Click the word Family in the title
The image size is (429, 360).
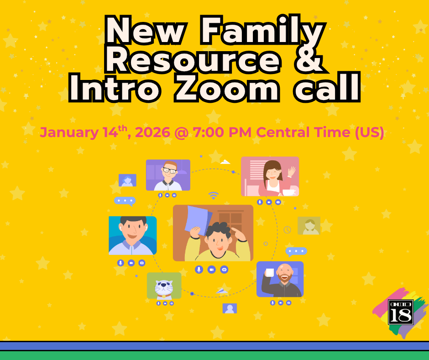point(263,31)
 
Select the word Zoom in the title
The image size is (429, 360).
point(227,87)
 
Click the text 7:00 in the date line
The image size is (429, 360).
point(209,132)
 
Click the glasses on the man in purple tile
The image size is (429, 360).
point(170,170)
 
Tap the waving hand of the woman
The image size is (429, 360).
point(292,172)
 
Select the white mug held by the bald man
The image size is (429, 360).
point(270,272)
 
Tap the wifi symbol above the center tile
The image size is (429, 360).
point(214,196)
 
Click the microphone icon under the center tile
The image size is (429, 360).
point(199,270)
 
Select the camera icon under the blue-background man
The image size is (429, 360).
point(131,263)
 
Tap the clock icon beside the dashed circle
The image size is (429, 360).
point(287,230)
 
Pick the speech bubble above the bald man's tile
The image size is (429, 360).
point(296,252)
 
